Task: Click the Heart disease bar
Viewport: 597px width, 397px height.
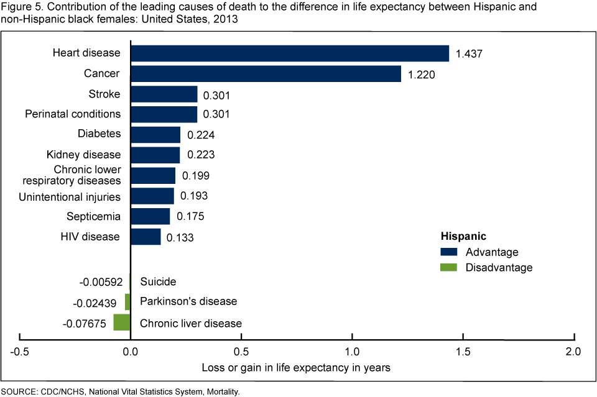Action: [289, 53]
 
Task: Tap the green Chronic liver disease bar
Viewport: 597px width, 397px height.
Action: [122, 322]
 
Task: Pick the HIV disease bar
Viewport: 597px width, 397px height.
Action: [146, 237]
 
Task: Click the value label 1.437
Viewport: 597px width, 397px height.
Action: [469, 54]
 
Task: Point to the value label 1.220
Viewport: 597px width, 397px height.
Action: [421, 75]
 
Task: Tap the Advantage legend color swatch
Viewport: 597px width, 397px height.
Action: [449, 252]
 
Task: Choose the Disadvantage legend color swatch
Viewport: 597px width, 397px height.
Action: [449, 268]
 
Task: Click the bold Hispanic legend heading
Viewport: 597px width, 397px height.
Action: [463, 236]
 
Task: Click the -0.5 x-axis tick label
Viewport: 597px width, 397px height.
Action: [19, 352]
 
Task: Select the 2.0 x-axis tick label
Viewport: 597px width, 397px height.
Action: [573, 352]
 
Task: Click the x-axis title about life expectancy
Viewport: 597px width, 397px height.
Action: [296, 367]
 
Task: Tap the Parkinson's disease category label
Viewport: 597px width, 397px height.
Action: [188, 301]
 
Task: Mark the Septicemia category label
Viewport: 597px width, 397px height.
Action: [93, 217]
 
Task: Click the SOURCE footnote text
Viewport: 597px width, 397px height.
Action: [120, 392]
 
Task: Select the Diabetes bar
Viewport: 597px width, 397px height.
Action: [155, 135]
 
